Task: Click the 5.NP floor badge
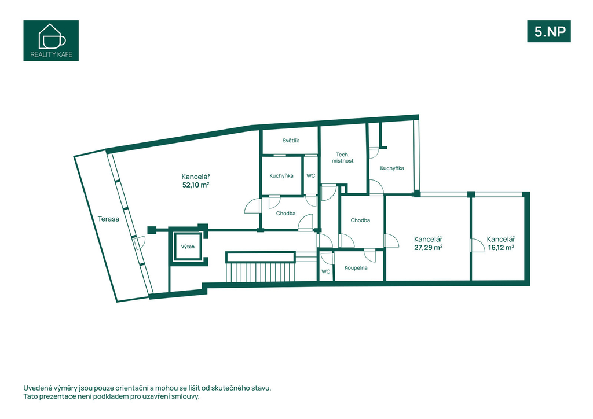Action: pos(549,31)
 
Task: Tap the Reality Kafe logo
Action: pos(51,41)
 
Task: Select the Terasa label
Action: pos(108,219)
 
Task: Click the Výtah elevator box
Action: pos(188,247)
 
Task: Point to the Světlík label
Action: pos(291,141)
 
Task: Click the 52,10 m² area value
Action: pos(196,185)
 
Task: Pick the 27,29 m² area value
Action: pos(429,248)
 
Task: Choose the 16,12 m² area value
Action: pos(501,248)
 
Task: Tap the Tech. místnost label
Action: pos(343,157)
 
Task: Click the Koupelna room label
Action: pos(356,268)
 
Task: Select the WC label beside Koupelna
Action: pos(325,271)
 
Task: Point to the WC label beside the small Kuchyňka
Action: pos(310,176)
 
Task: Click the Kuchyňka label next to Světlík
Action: pos(281,176)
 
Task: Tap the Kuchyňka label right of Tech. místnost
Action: pos(392,168)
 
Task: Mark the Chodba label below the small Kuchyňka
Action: pos(286,214)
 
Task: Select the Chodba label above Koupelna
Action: pos(360,220)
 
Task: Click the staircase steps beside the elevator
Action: pos(260,272)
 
